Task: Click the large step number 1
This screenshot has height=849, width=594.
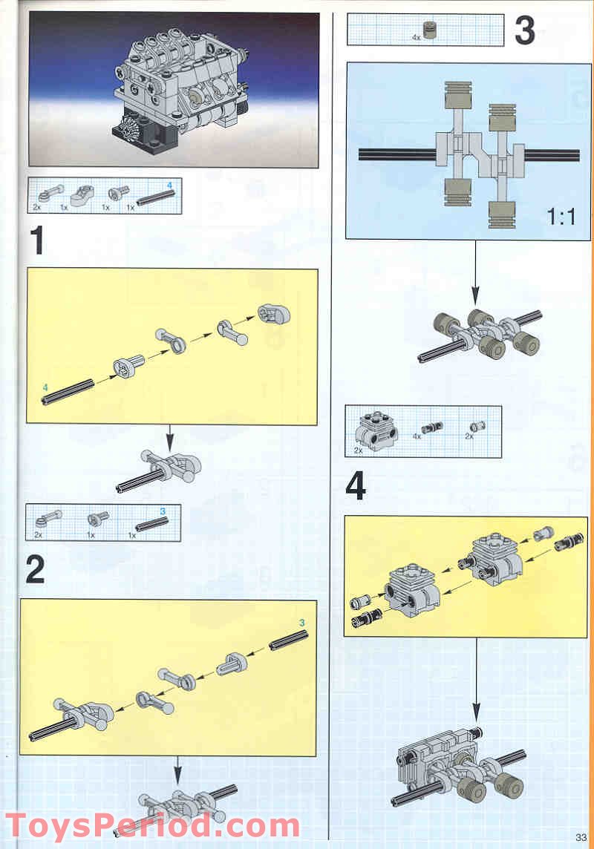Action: point(37,240)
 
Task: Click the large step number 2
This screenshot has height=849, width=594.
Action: point(35,570)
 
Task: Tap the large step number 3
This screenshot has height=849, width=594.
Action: point(525,30)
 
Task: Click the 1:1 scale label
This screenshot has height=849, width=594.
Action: point(561,217)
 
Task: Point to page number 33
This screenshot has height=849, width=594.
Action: point(581,837)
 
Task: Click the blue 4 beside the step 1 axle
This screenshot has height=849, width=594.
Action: point(45,387)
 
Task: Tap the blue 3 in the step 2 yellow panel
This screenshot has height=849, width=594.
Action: point(302,623)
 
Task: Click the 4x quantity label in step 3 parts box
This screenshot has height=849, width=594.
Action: point(416,37)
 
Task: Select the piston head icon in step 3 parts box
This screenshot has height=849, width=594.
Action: point(429,30)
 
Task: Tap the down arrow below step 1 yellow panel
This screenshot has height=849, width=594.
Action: point(170,439)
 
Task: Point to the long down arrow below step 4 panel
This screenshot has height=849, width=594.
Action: point(476,679)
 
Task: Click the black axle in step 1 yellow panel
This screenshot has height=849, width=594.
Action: point(68,391)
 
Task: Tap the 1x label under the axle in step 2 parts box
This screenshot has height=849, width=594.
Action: point(131,535)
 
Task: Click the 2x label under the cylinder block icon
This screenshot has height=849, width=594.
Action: point(358,450)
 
